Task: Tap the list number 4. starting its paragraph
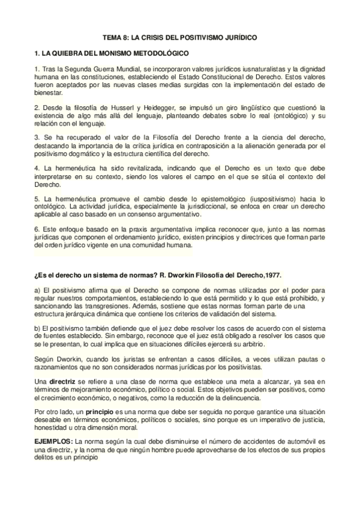pos(37,169)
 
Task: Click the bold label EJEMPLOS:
pos(53,441)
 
